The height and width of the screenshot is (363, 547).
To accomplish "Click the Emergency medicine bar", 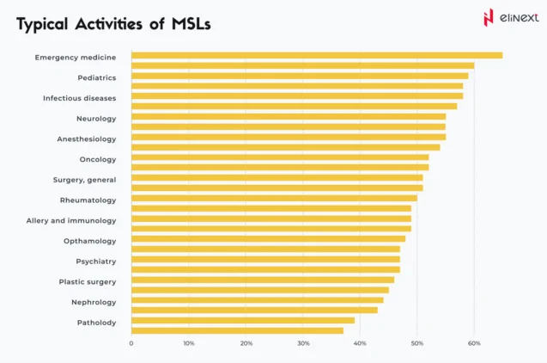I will pyautogui.click(x=316, y=56).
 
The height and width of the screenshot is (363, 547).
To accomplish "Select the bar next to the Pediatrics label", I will pyautogui.click(x=299, y=76).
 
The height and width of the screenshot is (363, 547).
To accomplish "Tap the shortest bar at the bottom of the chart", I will pyautogui.click(x=237, y=330).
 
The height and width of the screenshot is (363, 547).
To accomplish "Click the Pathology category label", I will pyautogui.click(x=96, y=323).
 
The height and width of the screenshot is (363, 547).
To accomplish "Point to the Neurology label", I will pyautogui.click(x=96, y=118).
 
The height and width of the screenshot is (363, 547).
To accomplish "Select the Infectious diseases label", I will pyautogui.click(x=80, y=98).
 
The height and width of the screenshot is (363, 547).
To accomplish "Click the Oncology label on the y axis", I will pyautogui.click(x=98, y=159).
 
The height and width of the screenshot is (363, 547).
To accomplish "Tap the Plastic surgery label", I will pyautogui.click(x=88, y=281).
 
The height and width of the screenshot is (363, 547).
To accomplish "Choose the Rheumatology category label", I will pyautogui.click(x=88, y=200).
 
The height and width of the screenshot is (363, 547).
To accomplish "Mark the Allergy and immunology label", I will pyautogui.click(x=71, y=220).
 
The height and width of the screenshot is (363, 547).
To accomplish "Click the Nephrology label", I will pyautogui.click(x=94, y=302).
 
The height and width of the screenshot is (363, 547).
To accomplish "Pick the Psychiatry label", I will pyautogui.click(x=96, y=261).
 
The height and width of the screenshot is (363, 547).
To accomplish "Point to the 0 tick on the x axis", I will pyautogui.click(x=131, y=343).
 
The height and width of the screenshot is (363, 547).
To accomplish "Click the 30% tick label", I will pyautogui.click(x=303, y=343).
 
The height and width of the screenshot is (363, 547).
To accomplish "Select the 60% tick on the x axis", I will pyautogui.click(x=474, y=343).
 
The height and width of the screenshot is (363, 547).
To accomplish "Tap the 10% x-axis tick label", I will pyautogui.click(x=188, y=343).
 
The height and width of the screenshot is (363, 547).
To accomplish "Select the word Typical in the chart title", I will pyautogui.click(x=43, y=25).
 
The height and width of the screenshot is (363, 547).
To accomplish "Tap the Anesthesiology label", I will pyautogui.click(x=87, y=138).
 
